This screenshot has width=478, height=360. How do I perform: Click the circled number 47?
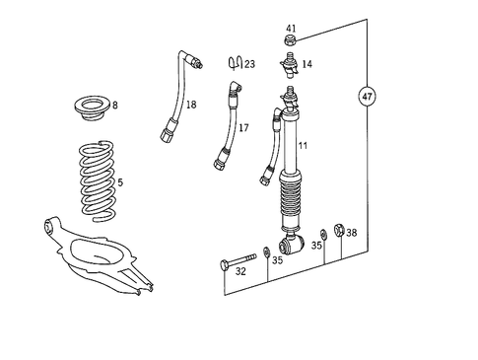pos(367,97)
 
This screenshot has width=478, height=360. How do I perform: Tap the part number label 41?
pos(291,28)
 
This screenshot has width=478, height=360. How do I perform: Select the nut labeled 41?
pos(291,41)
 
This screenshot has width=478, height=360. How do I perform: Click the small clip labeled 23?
pos(234,64)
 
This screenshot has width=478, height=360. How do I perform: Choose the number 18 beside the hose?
pos(191,104)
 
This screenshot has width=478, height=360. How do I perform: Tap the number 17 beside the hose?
pos(243,127)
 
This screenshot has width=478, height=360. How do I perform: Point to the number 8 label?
pos(114,105)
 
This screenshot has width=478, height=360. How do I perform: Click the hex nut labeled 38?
pos(338,232)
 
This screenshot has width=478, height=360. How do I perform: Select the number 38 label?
pos(352,234)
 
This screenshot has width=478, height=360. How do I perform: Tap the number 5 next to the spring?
pos(120,181)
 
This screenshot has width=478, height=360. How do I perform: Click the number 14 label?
pos(307,64)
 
